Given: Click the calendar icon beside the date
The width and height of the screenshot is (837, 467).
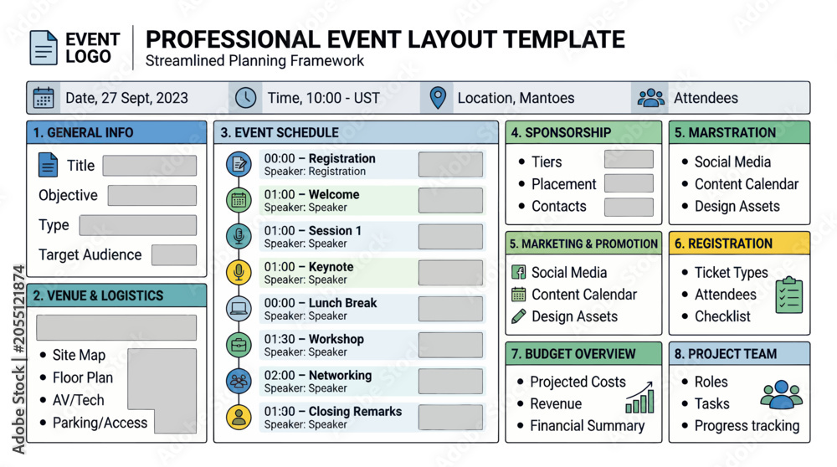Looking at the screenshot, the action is coord(44,98).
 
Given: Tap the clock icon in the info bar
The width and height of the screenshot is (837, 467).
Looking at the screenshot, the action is coord(245,98).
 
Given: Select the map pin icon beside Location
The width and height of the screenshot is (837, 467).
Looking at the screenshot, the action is coord(438,98).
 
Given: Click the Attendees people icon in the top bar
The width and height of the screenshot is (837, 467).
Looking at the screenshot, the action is coord(650,98).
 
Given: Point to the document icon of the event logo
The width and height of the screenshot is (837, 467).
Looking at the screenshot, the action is coord(44,48).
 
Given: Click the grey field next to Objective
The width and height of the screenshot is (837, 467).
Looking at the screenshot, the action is coord(152,195).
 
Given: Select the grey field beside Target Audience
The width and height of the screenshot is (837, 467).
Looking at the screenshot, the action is coord(174,255).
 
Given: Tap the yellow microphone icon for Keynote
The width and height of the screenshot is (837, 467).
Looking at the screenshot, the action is coord(239,272).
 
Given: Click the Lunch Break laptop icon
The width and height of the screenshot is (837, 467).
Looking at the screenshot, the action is coord(239,309).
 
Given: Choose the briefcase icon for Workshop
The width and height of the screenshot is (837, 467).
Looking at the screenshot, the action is coord(239,345).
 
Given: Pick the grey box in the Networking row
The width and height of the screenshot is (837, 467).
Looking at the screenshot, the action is coord(450,381).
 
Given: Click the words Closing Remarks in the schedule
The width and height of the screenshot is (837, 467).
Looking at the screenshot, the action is coord(355,412).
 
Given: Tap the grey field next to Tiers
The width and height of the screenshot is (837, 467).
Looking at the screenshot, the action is coord(629,159).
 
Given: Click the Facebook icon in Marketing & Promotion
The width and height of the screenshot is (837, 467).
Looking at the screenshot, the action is coord(518,272).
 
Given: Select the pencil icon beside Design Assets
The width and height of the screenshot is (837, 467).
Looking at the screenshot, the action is coord(518,316).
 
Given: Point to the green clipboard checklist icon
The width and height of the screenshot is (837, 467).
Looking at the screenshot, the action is coord(789,295).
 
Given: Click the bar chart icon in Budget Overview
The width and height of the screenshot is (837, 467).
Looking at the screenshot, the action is coord(639,398).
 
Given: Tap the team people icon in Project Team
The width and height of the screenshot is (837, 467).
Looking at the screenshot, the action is coord(782,394).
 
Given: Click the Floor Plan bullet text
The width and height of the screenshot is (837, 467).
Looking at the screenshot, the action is coord(83,378).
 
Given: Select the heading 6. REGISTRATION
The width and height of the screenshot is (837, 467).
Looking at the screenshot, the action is coord(723,244).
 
